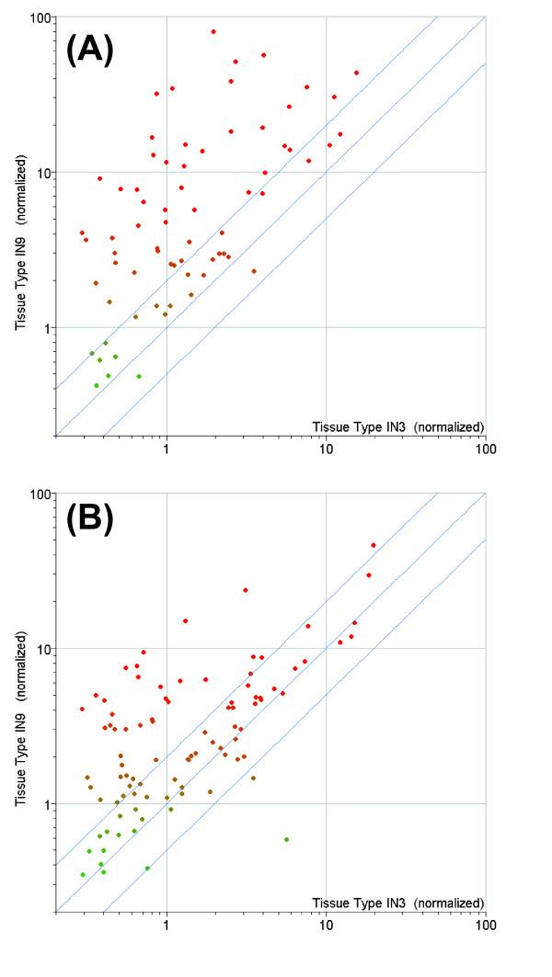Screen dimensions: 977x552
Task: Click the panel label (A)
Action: click(89, 48)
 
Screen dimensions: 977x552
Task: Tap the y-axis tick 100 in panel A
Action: click(39, 17)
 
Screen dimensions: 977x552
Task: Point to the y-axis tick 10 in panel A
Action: click(42, 173)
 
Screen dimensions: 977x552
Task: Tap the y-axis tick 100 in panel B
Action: click(39, 494)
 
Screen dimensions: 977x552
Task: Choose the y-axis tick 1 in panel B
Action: click(46, 804)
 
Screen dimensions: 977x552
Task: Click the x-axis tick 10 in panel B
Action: click(326, 927)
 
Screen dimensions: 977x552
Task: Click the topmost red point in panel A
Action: click(213, 31)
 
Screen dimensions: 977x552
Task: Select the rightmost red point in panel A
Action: click(356, 73)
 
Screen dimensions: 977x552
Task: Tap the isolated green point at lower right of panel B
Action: click(286, 839)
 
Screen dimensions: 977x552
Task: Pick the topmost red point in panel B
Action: click(374, 545)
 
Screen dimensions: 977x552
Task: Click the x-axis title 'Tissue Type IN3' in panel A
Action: click(397, 426)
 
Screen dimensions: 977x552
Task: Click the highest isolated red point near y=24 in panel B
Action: click(246, 590)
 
